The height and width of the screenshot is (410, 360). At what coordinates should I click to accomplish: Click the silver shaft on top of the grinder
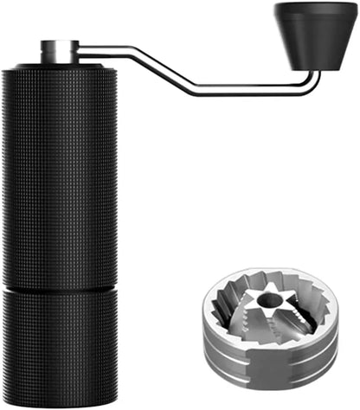click(x=59, y=51)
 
